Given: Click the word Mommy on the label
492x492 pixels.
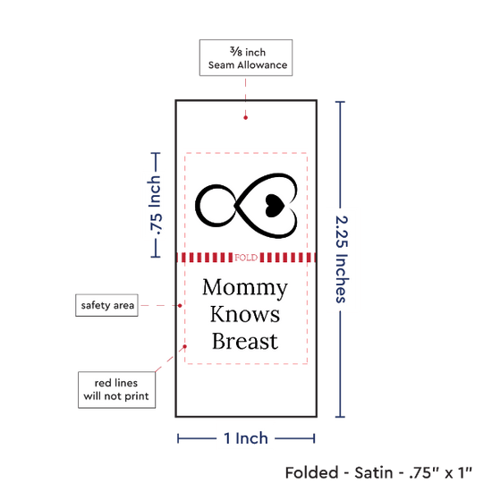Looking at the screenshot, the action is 245,288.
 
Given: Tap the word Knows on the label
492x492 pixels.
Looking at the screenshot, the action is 245,314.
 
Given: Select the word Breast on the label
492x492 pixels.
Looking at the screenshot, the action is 245,341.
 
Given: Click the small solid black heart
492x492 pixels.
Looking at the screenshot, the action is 275,206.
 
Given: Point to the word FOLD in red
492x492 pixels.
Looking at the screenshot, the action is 246,258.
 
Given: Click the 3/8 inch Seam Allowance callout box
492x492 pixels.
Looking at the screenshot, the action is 246,58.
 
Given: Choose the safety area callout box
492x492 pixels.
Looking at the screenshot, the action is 106,305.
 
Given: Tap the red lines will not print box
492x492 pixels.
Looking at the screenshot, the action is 116,390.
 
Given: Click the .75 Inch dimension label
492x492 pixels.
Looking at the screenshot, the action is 156,205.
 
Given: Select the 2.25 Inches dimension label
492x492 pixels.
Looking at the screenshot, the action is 342,259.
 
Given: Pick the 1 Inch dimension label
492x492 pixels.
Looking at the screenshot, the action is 246,438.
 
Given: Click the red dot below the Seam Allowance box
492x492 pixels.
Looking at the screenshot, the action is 245,118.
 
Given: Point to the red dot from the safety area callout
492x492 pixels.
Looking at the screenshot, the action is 180,306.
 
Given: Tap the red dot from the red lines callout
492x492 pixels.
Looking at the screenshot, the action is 185,346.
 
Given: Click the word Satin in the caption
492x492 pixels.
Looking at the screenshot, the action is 373,472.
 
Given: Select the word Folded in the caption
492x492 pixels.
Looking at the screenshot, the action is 311,472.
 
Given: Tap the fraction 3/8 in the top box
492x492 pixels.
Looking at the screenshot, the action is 236,51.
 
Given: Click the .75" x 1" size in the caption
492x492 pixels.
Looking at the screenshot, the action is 440,472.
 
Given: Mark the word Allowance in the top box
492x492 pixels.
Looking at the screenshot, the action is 262,65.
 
